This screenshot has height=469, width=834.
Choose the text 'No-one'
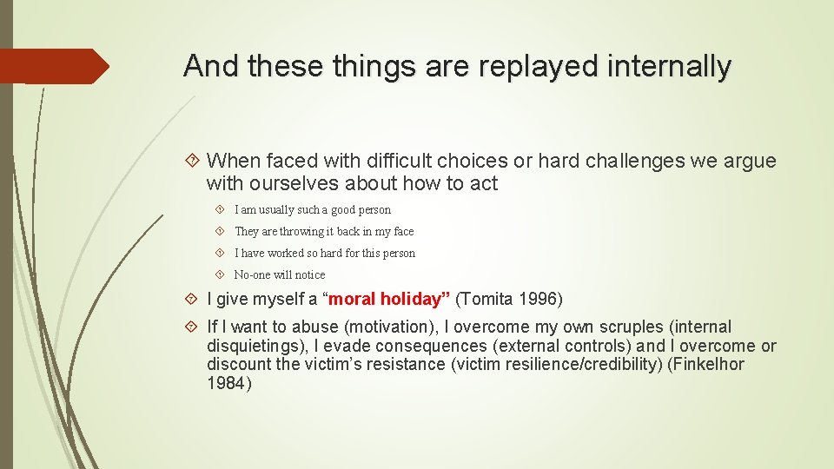click(252, 275)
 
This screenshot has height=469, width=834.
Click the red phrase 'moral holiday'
click(386, 300)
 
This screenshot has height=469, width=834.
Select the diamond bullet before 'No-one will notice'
click(220, 275)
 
